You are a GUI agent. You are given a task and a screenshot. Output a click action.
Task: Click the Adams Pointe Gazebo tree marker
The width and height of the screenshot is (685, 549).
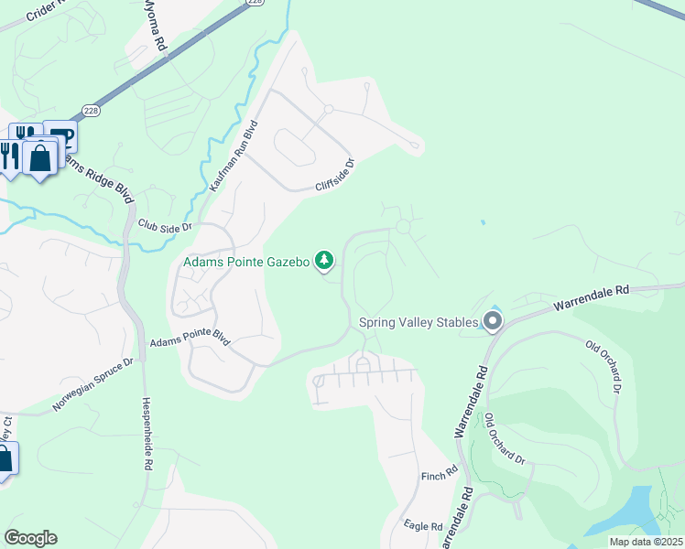[323, 262]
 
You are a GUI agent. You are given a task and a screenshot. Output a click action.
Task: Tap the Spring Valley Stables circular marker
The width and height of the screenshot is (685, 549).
[493, 321]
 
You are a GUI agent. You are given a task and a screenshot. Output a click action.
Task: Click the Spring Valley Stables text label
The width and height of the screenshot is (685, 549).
[419, 322]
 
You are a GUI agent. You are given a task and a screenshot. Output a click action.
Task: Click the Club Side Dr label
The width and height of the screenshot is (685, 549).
[165, 225]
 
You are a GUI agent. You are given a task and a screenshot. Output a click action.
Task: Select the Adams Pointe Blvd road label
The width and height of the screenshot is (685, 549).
[188, 339]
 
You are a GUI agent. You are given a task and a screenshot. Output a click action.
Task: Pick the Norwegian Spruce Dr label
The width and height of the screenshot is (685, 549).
[93, 383]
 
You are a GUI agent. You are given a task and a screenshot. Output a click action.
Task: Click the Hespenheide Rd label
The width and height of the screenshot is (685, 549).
[147, 433]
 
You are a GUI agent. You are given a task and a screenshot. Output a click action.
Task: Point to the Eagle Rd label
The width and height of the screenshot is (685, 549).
[423, 526]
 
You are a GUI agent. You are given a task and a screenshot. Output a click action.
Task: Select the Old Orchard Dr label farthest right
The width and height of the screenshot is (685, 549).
[604, 365]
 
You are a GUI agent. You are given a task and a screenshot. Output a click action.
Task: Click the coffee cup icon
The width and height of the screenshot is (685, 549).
[61, 136]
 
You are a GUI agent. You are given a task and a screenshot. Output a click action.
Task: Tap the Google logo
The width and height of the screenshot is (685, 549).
[30, 537]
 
